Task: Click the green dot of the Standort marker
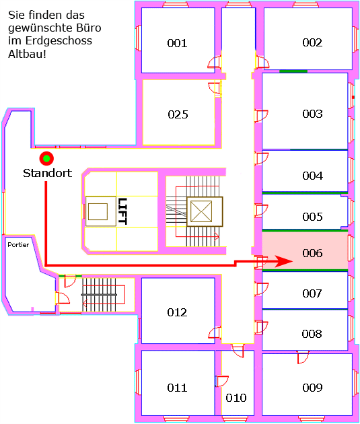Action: [46, 158]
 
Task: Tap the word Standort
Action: [48, 173]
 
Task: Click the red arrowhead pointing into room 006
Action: [284, 261]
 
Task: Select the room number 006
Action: [312, 253]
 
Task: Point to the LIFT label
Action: [122, 211]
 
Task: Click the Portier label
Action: [18, 245]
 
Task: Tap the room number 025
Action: [178, 114]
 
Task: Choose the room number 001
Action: [177, 43]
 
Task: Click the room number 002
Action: [312, 42]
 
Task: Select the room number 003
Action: [312, 114]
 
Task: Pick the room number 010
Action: [236, 398]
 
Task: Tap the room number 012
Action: [177, 312]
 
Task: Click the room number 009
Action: [312, 388]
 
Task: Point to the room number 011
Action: [177, 388]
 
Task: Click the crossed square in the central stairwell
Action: [201, 211]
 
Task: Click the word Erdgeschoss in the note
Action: [59, 41]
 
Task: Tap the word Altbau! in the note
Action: [28, 54]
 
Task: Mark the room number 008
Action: [312, 334]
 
